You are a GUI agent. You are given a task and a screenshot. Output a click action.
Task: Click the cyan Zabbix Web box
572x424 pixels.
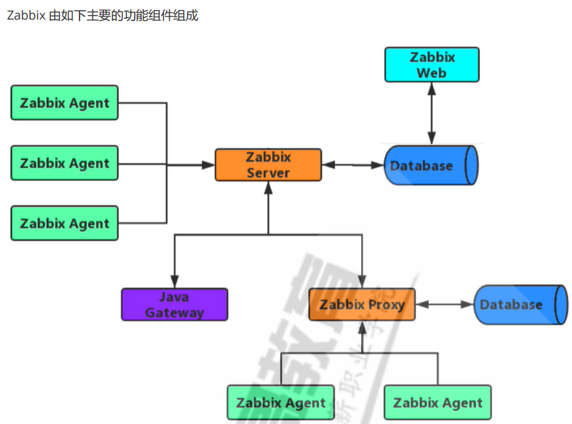[432, 64]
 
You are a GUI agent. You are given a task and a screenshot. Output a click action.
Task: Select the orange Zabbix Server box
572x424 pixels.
[268, 165]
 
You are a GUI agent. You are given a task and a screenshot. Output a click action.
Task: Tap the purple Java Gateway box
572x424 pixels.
[174, 304]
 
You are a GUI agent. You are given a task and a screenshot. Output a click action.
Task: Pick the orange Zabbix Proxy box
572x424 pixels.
[362, 304]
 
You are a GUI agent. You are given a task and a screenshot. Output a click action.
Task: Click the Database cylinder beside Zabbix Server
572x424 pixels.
[431, 165]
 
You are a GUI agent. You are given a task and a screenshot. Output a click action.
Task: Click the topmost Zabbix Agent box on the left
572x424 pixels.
[64, 103]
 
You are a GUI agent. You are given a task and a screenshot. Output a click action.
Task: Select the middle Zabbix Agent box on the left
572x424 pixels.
[64, 163]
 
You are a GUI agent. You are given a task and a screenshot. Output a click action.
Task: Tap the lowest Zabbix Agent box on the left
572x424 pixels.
[64, 223]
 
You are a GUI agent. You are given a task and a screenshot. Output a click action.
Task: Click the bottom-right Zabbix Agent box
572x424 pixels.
[438, 403]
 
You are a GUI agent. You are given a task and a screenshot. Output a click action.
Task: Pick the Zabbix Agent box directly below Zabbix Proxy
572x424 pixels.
[281, 403]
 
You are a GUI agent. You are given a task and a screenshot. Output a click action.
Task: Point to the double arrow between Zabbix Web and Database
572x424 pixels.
[432, 114]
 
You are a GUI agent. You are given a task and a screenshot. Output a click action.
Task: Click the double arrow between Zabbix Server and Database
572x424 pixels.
[353, 165]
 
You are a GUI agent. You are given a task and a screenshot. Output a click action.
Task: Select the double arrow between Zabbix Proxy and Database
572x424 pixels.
[444, 304]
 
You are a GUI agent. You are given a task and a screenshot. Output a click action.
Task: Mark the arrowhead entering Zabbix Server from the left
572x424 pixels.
[209, 165]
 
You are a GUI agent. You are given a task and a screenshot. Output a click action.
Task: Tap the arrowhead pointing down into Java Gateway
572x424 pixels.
[174, 283]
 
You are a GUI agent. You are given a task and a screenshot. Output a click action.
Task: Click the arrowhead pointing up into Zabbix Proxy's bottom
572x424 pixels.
[362, 327]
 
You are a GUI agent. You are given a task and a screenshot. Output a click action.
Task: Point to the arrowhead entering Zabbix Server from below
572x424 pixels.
[268, 187]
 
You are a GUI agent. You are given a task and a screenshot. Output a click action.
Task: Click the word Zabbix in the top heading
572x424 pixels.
[25, 15]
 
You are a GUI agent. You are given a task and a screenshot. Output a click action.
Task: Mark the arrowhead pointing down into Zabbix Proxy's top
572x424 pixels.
[362, 283]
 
